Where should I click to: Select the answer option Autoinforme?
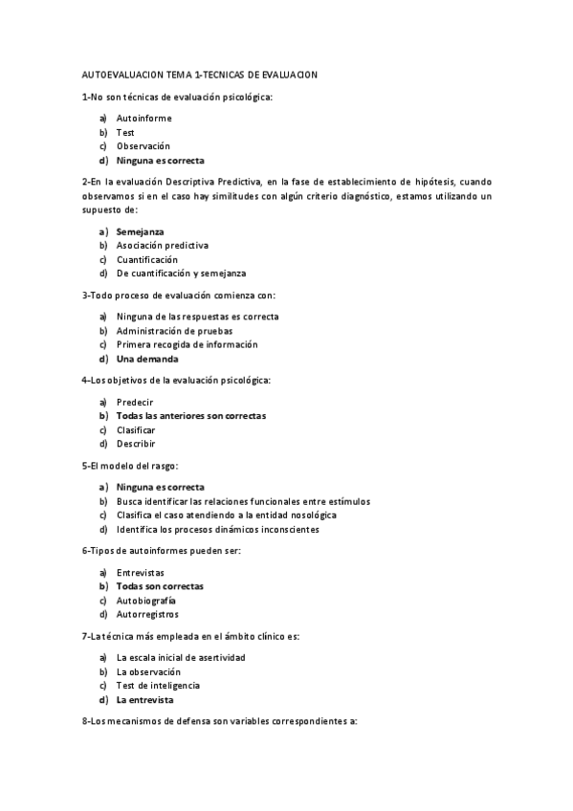pyautogui.click(x=144, y=119)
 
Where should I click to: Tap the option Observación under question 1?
pyautogui.click(x=143, y=146)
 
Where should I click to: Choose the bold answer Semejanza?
pyautogui.click(x=140, y=231)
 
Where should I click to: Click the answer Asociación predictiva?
pyautogui.click(x=163, y=246)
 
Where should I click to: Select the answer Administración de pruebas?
pyautogui.click(x=174, y=331)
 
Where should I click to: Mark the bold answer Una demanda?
pyautogui.click(x=147, y=359)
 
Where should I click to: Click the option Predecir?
pyautogui.click(x=135, y=402)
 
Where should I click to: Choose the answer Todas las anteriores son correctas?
pyautogui.click(x=191, y=416)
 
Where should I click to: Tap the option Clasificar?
pyautogui.click(x=136, y=430)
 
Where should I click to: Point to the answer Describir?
pyautogui.click(x=136, y=444)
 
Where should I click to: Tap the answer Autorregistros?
pyautogui.click(x=147, y=614)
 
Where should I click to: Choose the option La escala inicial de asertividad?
pyautogui.click(x=181, y=657)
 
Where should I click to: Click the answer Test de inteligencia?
pyautogui.click(x=158, y=685)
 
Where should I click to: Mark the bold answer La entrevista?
pyautogui.click(x=145, y=699)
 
